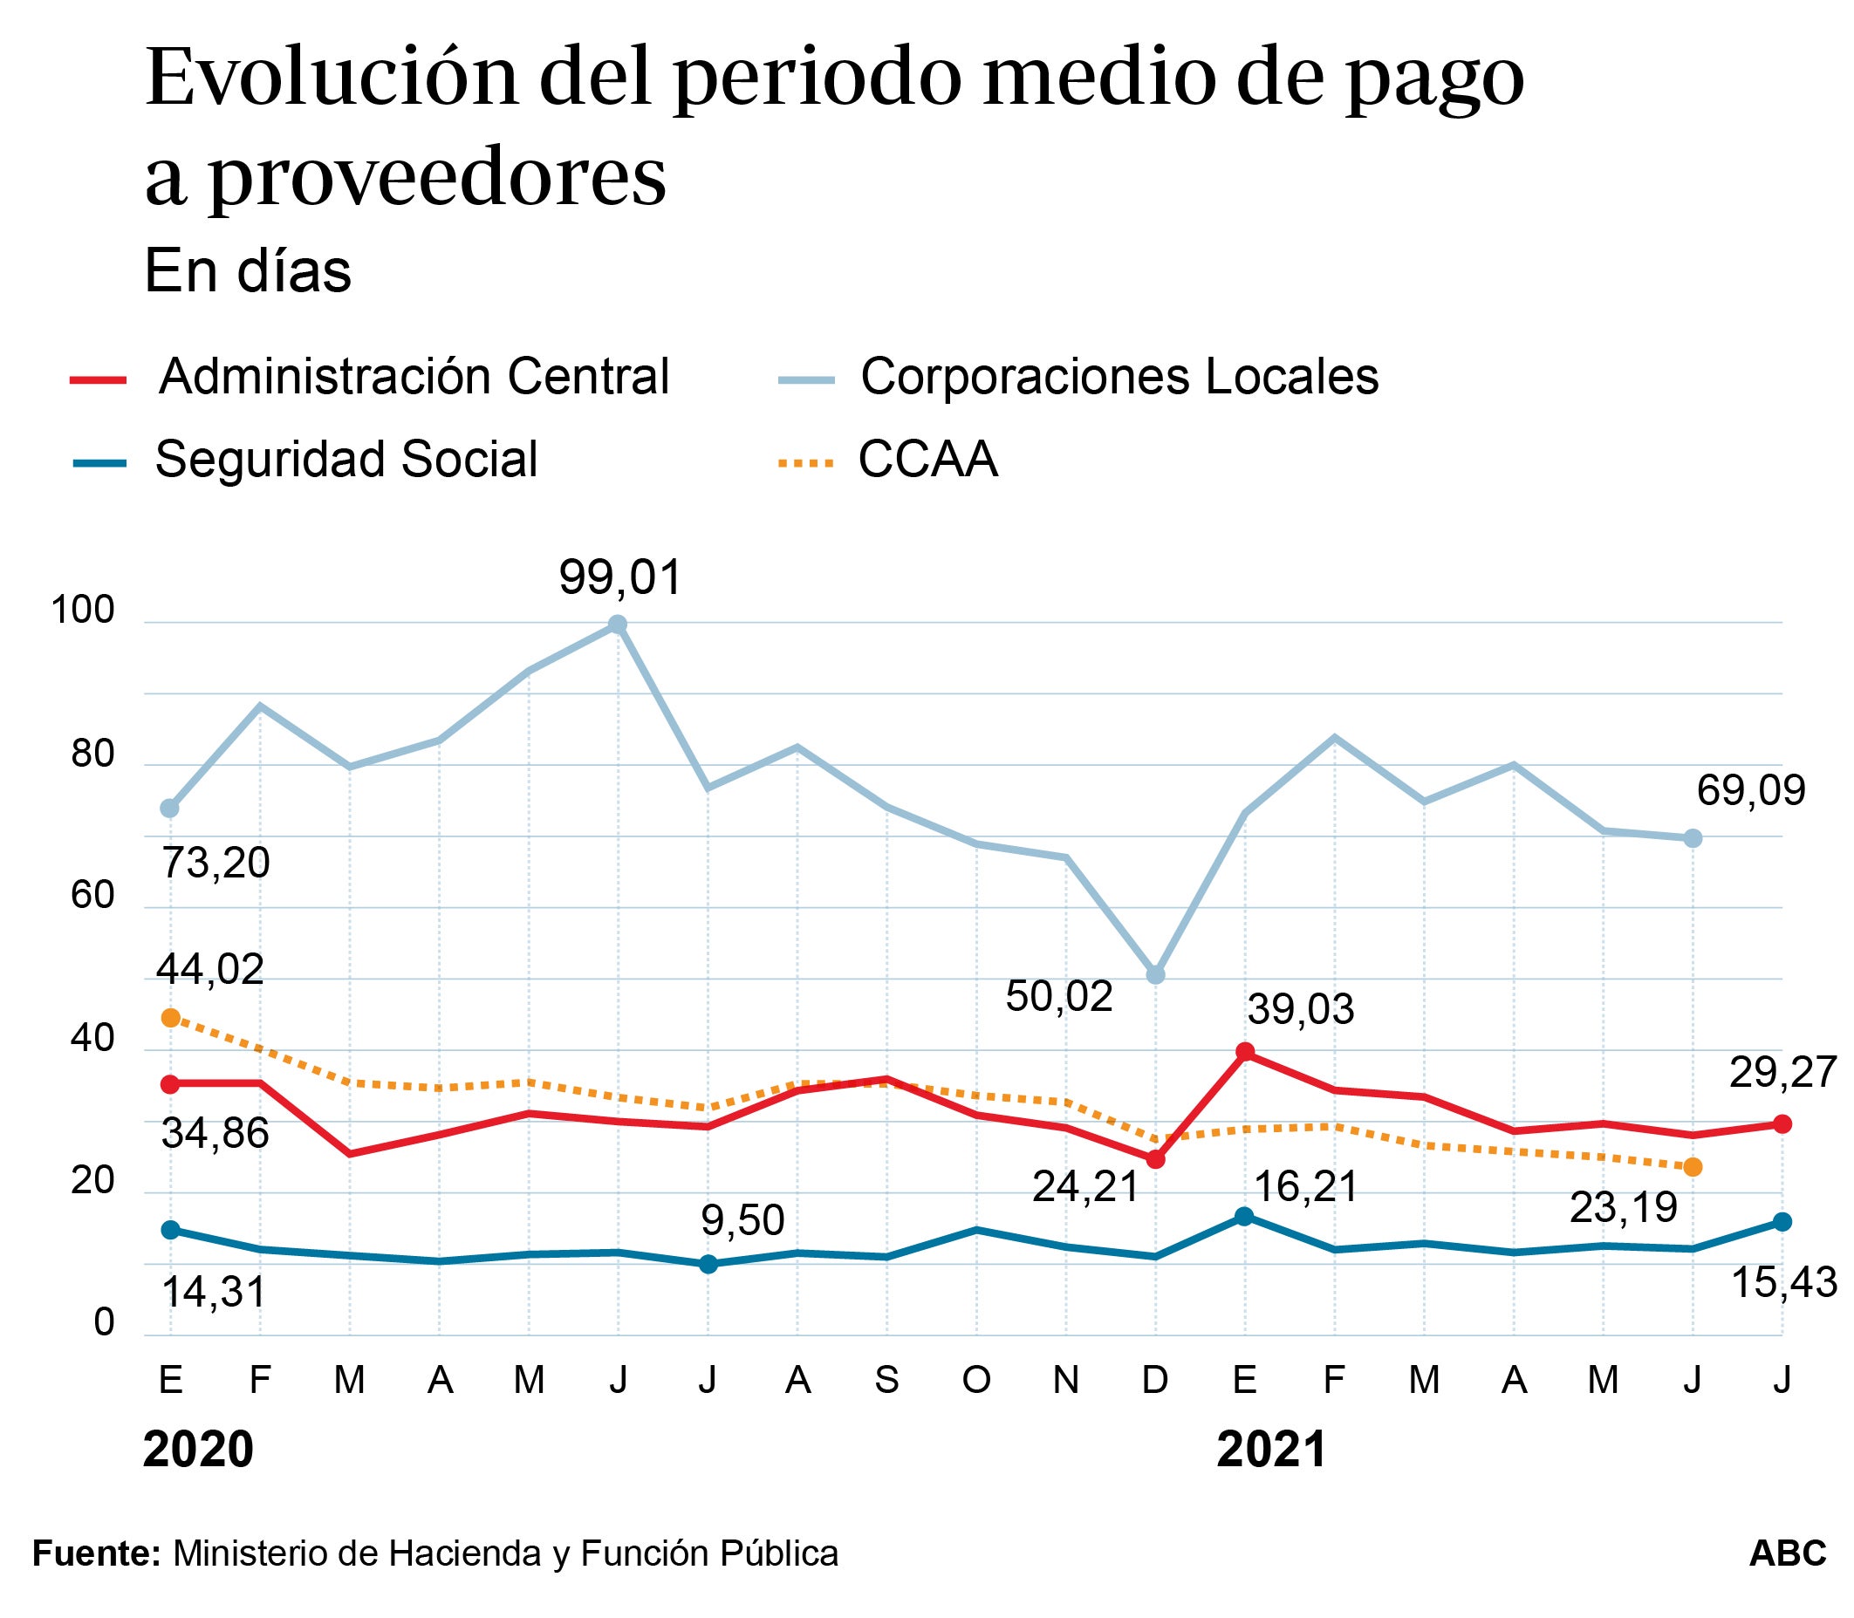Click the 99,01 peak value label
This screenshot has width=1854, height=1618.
point(619,577)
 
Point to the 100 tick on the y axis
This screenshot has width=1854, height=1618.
point(83,611)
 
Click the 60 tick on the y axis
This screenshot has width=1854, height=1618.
point(93,896)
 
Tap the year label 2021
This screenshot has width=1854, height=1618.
point(1271,1450)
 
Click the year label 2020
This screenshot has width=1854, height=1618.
point(199,1450)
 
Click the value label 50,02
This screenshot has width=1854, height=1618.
point(1058,997)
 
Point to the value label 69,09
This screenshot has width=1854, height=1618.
point(1750,791)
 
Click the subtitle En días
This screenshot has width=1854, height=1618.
point(248,271)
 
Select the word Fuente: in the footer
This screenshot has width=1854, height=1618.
point(97,1553)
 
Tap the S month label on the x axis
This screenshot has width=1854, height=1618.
point(886,1379)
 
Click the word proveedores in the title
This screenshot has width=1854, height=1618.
point(437,176)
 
